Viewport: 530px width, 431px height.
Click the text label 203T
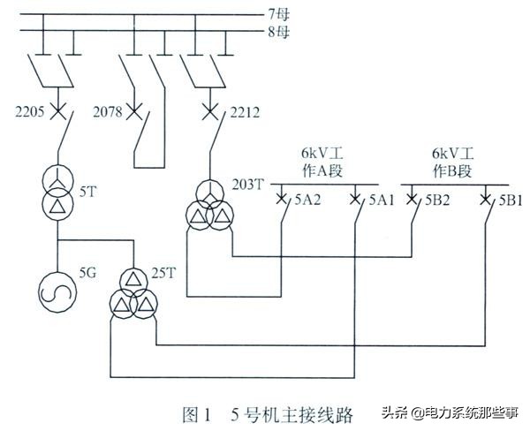[x=248, y=184]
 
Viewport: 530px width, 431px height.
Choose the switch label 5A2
[x=307, y=200]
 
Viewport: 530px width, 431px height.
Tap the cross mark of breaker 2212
[x=210, y=112]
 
